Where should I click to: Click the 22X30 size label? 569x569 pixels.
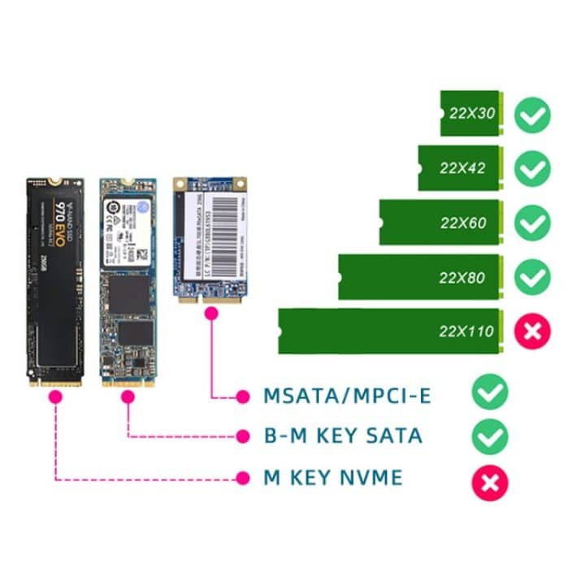[x=471, y=113]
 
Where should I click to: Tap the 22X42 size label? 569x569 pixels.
[x=462, y=168]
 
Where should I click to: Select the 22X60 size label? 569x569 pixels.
[x=462, y=222]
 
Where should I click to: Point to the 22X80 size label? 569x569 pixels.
[x=462, y=277]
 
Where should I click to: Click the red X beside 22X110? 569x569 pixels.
[x=533, y=331]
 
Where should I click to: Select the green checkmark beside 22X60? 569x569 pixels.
[x=533, y=223]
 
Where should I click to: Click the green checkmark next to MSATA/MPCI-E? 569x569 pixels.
[x=490, y=393]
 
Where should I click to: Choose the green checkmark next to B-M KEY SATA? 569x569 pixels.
[x=490, y=436]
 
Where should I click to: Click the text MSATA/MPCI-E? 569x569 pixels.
[x=347, y=396]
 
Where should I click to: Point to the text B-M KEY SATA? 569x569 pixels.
[x=343, y=436]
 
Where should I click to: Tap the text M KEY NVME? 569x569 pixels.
[x=332, y=477]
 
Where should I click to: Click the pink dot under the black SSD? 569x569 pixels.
[x=55, y=397]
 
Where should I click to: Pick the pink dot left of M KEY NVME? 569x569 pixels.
[x=241, y=477]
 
